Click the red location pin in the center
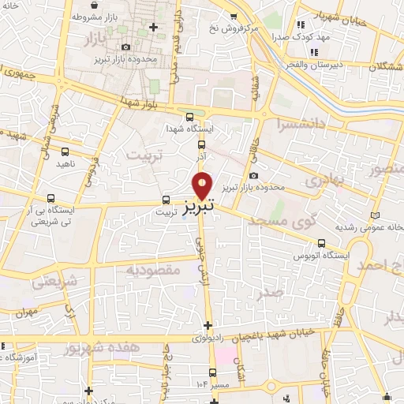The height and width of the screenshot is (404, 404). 203,185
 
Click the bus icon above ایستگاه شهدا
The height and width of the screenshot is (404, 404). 189,117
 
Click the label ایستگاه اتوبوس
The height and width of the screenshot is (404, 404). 315,256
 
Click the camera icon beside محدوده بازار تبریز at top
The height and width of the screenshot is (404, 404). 125,47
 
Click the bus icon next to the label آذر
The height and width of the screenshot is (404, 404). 202,144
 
